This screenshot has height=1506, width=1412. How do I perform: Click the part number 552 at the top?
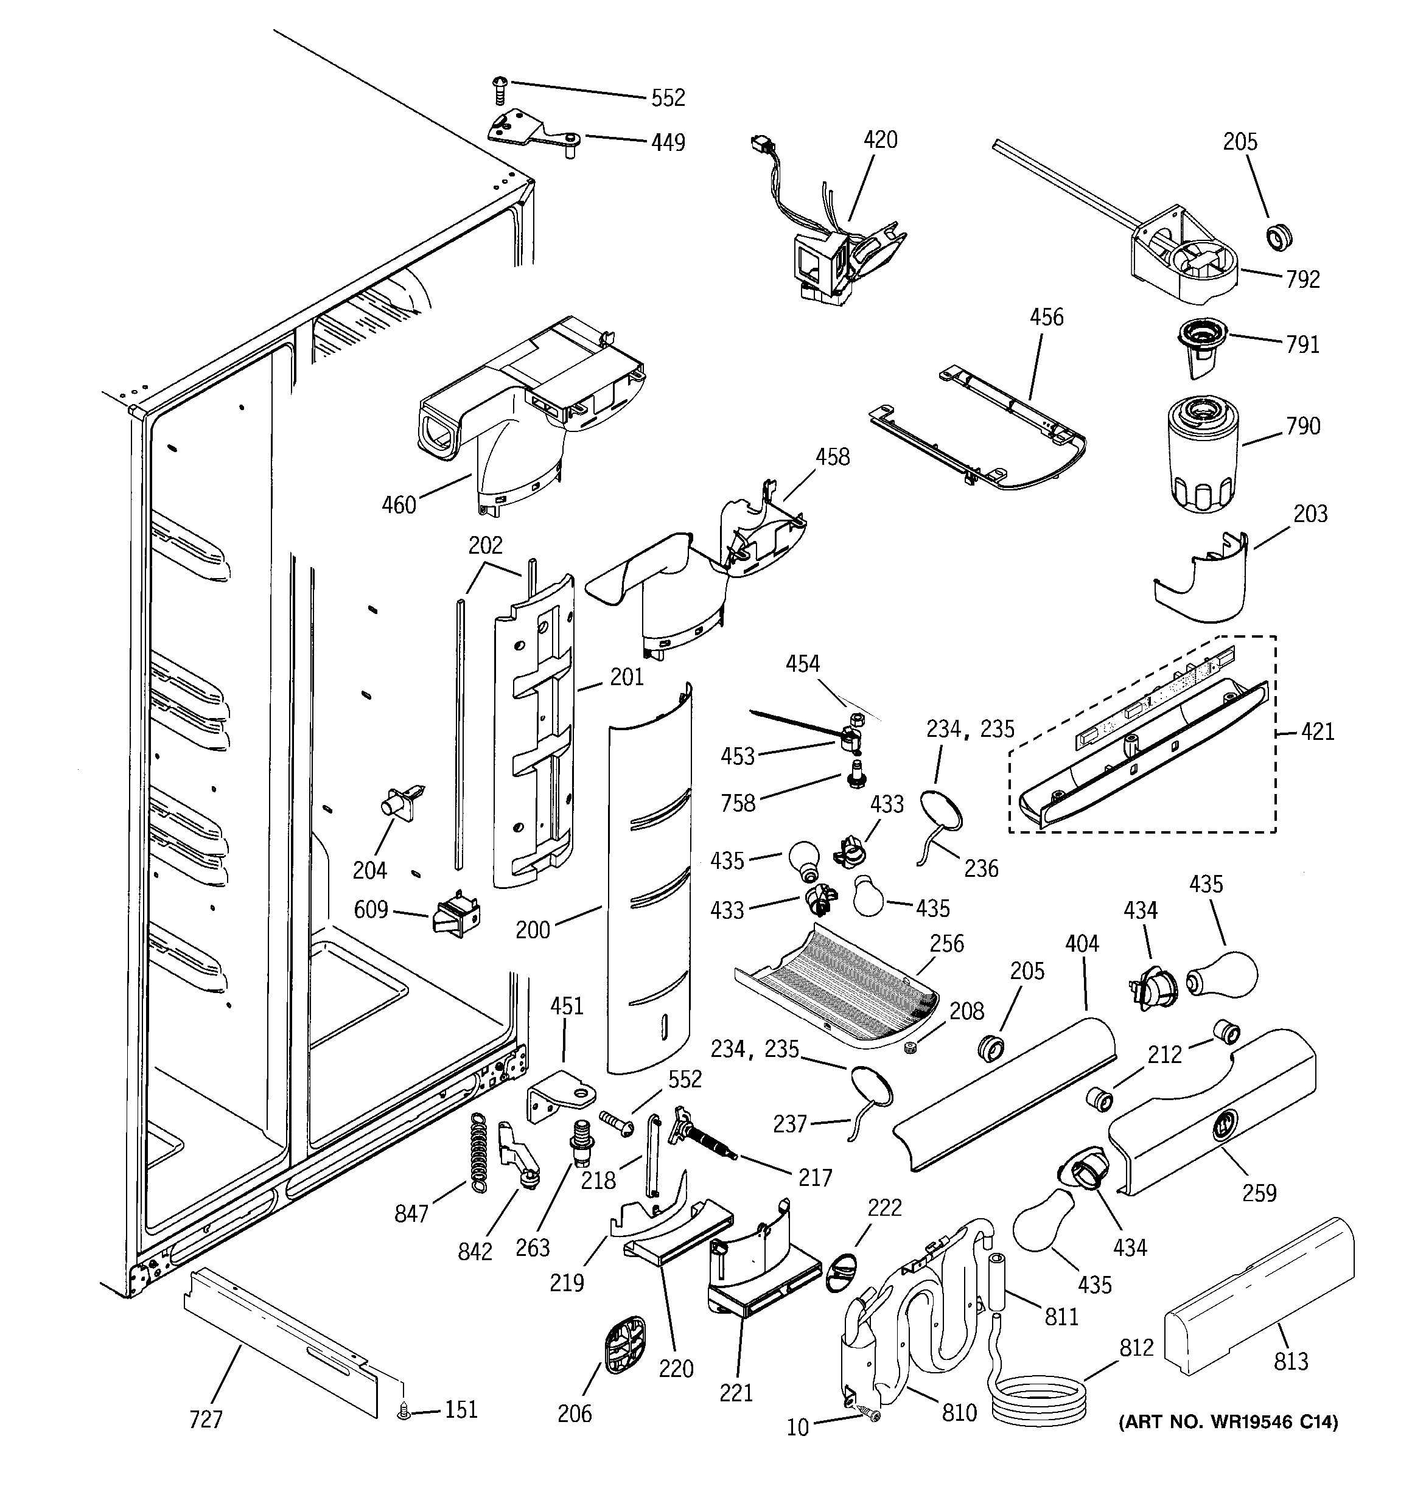click(668, 98)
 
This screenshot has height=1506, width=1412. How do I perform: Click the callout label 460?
click(399, 504)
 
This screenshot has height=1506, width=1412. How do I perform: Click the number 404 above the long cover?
click(1082, 944)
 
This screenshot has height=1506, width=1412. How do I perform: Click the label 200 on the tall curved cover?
click(532, 930)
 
